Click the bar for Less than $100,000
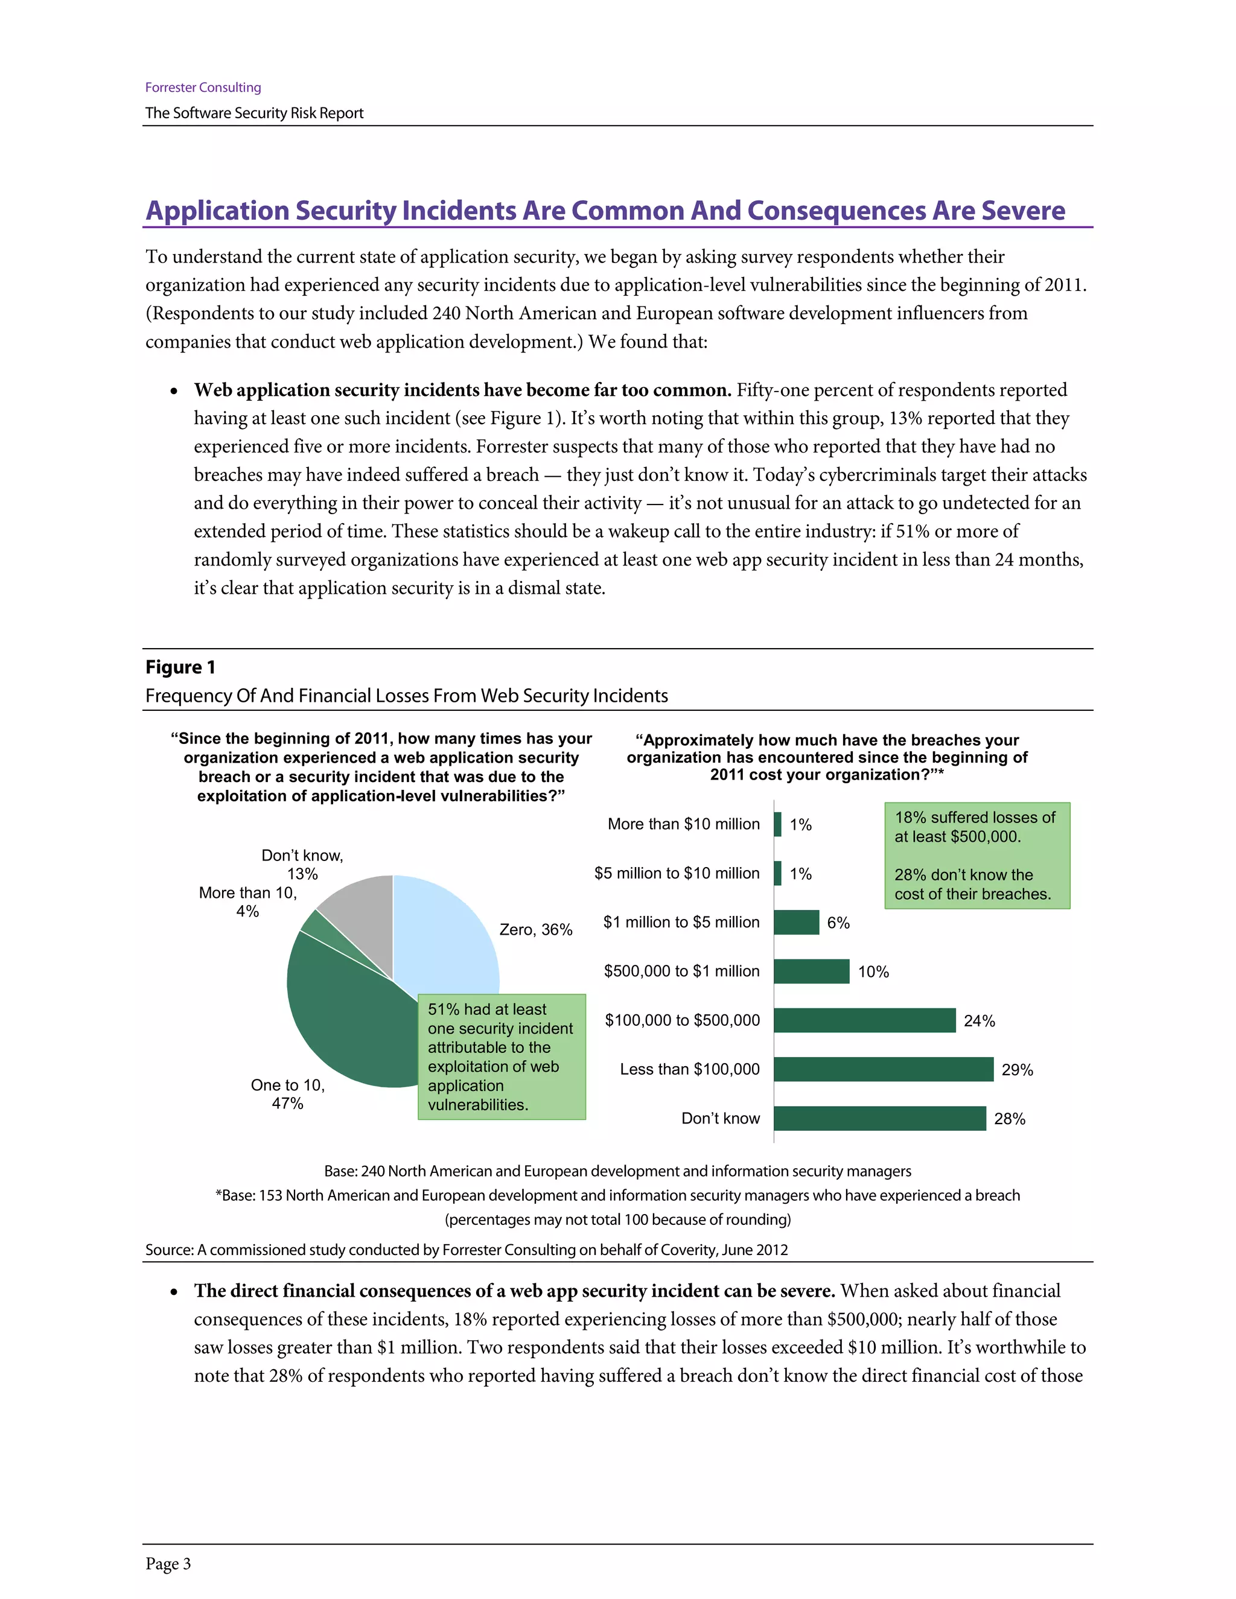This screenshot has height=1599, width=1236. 883,1069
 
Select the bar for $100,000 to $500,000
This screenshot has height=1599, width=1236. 864,1020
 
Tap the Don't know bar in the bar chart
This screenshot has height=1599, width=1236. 879,1118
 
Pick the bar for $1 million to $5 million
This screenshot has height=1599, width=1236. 796,922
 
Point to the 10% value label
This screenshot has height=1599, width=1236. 873,971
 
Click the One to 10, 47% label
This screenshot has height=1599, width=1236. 287,1094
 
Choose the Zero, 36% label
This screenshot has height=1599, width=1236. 535,929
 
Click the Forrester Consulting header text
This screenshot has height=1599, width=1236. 203,87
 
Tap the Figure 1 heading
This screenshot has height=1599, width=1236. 180,667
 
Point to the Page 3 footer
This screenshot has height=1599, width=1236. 168,1563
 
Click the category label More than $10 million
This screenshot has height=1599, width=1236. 683,824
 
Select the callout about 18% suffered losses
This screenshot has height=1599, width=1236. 977,855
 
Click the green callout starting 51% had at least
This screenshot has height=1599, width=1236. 501,1056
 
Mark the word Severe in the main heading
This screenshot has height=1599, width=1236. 1023,210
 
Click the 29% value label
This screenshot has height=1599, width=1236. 1016,1070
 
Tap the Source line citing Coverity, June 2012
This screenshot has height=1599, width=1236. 467,1249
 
